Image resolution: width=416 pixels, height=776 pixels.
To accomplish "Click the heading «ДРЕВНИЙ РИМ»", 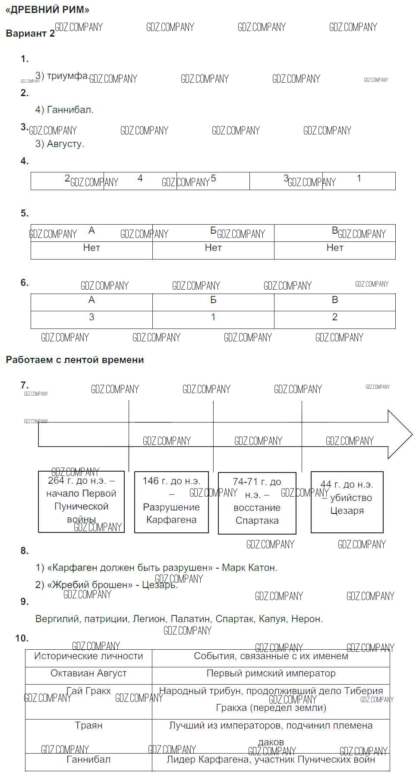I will (47, 9).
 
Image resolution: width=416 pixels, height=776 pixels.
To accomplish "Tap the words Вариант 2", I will (30, 34).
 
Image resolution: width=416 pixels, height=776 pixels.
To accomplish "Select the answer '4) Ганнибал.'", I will (64, 110).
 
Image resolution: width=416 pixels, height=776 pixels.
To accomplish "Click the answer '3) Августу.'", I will (60, 144).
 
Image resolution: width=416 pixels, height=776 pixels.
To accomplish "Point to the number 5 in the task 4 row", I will (213, 178).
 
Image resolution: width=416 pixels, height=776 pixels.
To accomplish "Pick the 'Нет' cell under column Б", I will (213, 248).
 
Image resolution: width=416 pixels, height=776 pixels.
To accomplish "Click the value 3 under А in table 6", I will (91, 317).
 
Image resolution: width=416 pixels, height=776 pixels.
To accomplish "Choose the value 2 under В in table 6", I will (335, 317).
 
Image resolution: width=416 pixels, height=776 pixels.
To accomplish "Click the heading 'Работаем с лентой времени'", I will (75, 360).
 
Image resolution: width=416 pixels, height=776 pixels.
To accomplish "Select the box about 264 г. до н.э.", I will (81, 502).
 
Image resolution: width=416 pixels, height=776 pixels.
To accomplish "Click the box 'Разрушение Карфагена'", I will (171, 502).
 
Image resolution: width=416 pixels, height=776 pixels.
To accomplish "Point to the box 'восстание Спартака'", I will (257, 503).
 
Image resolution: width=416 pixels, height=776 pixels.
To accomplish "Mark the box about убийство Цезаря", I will (347, 502).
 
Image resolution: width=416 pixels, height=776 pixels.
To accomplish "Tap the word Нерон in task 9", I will (306, 619).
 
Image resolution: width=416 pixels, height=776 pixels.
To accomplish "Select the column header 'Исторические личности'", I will (88, 656).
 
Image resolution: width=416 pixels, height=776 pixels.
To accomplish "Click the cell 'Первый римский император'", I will (271, 673).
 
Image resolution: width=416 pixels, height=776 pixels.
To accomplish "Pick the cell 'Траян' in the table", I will (88, 726).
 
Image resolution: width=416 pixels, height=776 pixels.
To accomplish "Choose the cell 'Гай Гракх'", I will (88, 691).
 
